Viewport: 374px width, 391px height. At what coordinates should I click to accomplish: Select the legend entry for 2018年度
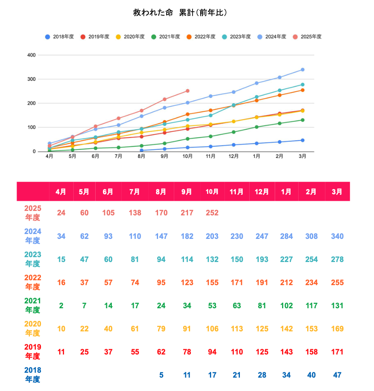tap(60, 37)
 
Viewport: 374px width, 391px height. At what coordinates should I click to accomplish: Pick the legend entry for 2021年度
tap(166, 37)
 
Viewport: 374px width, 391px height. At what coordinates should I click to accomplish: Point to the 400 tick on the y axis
tap(31, 55)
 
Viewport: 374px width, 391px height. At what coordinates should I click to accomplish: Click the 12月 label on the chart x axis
tap(233, 156)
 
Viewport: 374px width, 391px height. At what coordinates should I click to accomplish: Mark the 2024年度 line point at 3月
tap(303, 70)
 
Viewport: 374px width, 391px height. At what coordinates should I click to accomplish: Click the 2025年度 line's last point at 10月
tap(187, 91)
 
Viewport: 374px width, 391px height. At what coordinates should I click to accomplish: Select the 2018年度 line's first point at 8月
tap(141, 150)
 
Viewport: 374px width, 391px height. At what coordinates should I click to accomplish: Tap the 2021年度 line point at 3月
tap(303, 120)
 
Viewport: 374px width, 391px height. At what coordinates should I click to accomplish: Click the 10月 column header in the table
tap(212, 192)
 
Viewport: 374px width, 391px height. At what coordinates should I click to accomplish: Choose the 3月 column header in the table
tap(337, 192)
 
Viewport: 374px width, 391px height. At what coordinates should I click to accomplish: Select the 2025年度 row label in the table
tap(32, 213)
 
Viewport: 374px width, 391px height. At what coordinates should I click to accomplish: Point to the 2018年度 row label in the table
tap(32, 375)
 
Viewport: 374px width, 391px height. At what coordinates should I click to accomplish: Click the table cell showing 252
tap(212, 213)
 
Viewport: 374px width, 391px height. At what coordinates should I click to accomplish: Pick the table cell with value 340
tap(337, 236)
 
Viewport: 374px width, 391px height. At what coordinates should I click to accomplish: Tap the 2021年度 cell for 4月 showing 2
tap(61, 305)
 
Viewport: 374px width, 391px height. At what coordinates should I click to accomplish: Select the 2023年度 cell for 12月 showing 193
tap(262, 259)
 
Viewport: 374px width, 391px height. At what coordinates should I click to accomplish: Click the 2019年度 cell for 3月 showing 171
tap(337, 352)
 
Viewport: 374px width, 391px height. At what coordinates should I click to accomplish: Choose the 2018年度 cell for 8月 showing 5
tap(161, 375)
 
